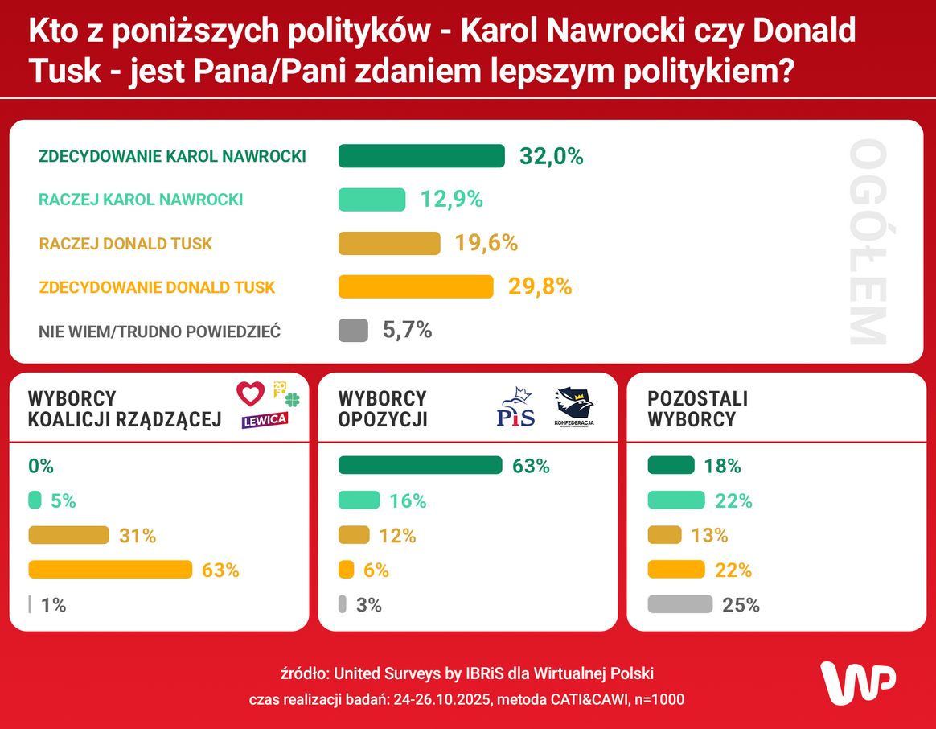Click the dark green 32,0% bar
[x=421, y=156]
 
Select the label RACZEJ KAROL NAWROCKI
[x=141, y=200]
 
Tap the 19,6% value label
[x=486, y=243]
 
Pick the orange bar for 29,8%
[x=416, y=286]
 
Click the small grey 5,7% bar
[x=353, y=330]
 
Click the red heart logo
[x=250, y=393]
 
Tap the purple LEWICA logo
[x=265, y=420]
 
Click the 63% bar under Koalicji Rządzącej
[x=110, y=570]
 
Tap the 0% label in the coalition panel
[x=40, y=466]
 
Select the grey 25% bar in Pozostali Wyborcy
[x=679, y=604]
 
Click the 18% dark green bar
[x=671, y=465]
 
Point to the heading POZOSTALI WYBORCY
[x=697, y=409]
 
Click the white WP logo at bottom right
[x=857, y=684]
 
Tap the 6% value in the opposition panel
[x=376, y=570]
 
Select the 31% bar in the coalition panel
[x=68, y=535]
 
